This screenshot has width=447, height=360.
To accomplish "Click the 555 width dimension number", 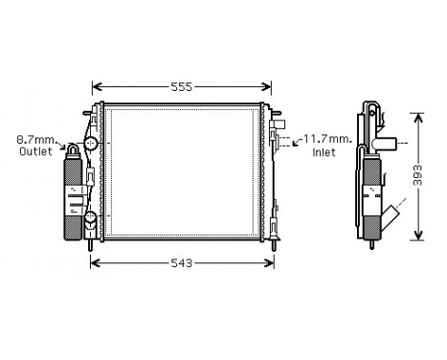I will [182, 86].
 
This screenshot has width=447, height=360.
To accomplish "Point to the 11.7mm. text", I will [328, 140].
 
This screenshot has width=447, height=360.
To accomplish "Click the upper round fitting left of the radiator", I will [90, 145].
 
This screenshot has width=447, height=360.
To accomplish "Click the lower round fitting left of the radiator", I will [90, 220].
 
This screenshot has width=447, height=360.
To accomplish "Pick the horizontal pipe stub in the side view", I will [389, 145].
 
